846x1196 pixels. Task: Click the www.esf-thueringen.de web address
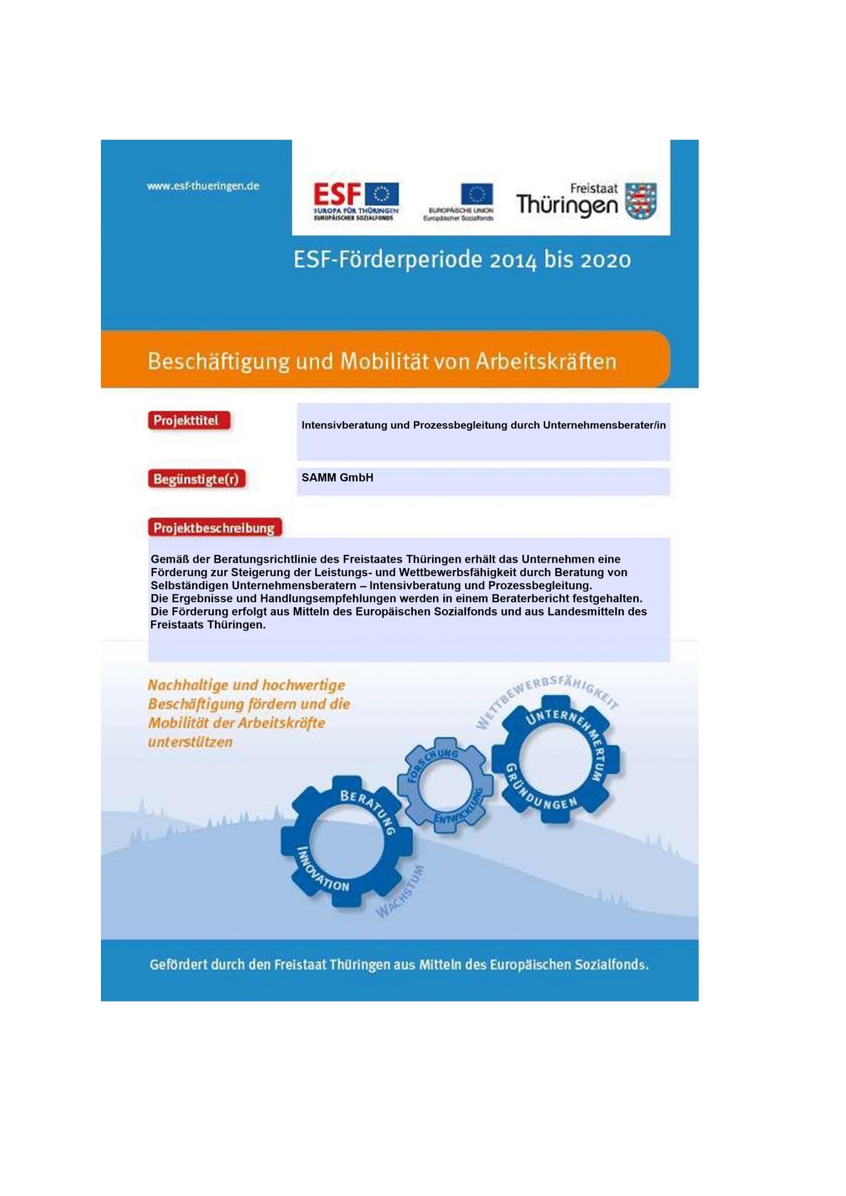click(x=203, y=186)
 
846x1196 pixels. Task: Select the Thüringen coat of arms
click(x=642, y=200)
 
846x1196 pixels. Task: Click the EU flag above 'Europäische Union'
click(x=476, y=194)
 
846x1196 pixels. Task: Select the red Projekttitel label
click(x=189, y=420)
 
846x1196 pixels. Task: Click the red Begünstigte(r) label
click(x=196, y=479)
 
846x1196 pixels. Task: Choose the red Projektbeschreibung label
click(x=214, y=527)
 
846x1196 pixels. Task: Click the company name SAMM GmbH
click(x=337, y=477)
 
